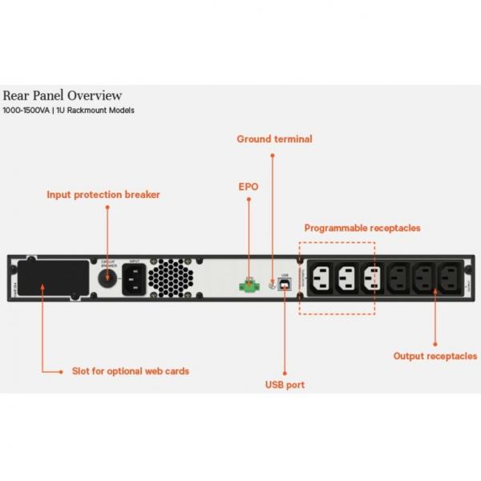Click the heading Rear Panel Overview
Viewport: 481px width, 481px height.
(63, 95)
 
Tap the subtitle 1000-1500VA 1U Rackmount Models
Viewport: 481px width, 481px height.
(69, 111)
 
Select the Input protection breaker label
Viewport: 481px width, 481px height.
(103, 194)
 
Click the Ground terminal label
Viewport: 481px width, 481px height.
(274, 139)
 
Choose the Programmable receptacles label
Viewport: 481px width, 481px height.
(362, 228)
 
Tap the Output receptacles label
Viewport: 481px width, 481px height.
(435, 355)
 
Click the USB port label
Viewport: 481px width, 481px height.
(285, 385)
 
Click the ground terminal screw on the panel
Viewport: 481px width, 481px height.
(273, 283)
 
